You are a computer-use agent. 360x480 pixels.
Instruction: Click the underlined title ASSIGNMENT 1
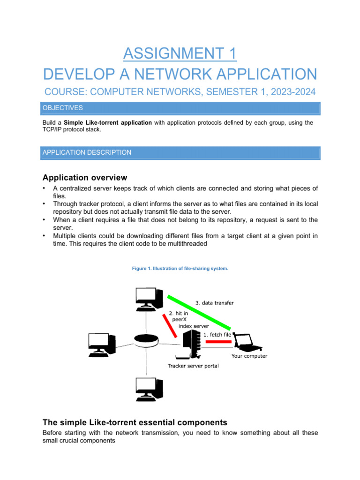[x=180, y=53]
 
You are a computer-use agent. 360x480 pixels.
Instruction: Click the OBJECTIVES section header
[x=63, y=108]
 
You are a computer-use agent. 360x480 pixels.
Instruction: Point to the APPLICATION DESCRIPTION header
[x=87, y=152]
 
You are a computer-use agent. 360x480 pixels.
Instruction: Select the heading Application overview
[x=84, y=178]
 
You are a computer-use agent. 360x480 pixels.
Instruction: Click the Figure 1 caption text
[x=180, y=268]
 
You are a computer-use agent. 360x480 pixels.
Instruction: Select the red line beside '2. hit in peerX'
[x=170, y=325]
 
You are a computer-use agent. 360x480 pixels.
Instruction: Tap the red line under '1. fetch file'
[x=218, y=342]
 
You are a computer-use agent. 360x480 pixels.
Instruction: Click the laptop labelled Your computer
[x=247, y=342]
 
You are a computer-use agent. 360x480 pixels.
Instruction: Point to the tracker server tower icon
[x=191, y=345]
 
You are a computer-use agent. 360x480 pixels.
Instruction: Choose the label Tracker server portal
[x=193, y=366]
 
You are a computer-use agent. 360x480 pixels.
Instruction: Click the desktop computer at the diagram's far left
[x=102, y=345]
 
